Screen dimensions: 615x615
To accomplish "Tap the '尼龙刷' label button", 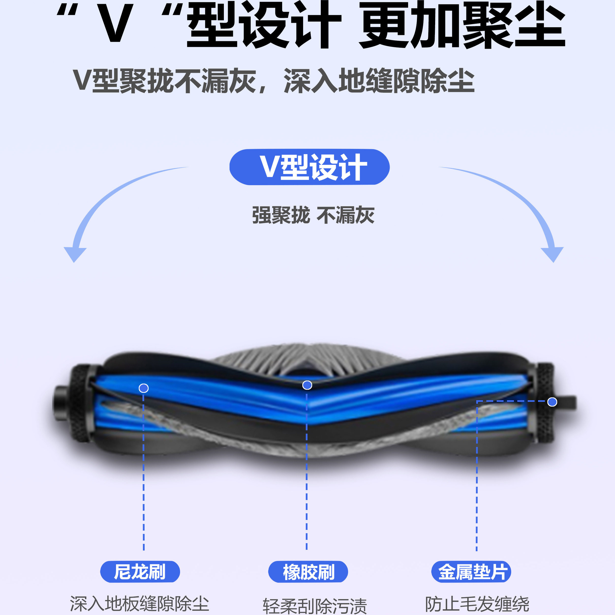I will pyautogui.click(x=140, y=572).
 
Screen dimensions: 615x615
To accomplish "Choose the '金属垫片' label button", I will pyautogui.click(x=471, y=572).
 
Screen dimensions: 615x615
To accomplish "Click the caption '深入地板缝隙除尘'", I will pyautogui.click(x=139, y=603).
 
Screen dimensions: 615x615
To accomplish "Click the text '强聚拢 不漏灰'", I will pyautogui.click(x=313, y=215).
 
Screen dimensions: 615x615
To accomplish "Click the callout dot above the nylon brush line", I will pyautogui.click(x=144, y=388).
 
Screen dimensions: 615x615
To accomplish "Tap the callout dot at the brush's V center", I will pyautogui.click(x=307, y=385).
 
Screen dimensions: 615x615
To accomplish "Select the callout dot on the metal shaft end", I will pyautogui.click(x=552, y=402).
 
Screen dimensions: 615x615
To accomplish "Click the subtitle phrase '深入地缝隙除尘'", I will pyautogui.click(x=379, y=81).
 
